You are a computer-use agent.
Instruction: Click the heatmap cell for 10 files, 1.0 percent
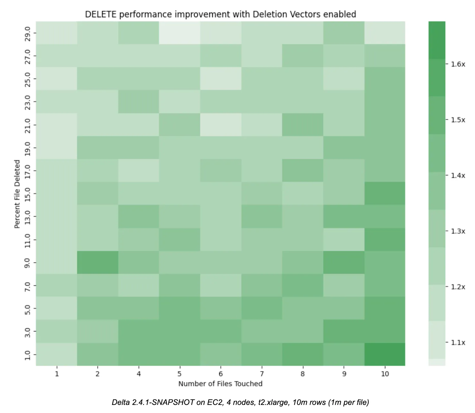385,354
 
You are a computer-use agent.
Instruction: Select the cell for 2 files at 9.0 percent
98,262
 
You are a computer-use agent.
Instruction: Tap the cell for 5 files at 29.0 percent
179,33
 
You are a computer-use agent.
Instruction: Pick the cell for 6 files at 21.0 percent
221,125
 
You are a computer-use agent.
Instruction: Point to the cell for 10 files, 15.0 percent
385,193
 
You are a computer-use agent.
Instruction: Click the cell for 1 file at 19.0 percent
56,147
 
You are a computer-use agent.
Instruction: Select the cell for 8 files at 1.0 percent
303,354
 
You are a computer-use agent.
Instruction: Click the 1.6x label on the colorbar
458,64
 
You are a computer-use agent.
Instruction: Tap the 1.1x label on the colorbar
458,342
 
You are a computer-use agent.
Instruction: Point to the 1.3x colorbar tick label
458,231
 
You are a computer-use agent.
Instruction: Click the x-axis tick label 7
262,374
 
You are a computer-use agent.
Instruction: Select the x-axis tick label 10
385,374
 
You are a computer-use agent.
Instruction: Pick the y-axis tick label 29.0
28,33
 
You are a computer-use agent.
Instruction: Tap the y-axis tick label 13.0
28,217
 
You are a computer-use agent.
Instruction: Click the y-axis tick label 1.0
28,355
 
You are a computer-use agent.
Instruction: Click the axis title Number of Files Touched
220,384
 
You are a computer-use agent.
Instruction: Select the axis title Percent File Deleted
17,194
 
